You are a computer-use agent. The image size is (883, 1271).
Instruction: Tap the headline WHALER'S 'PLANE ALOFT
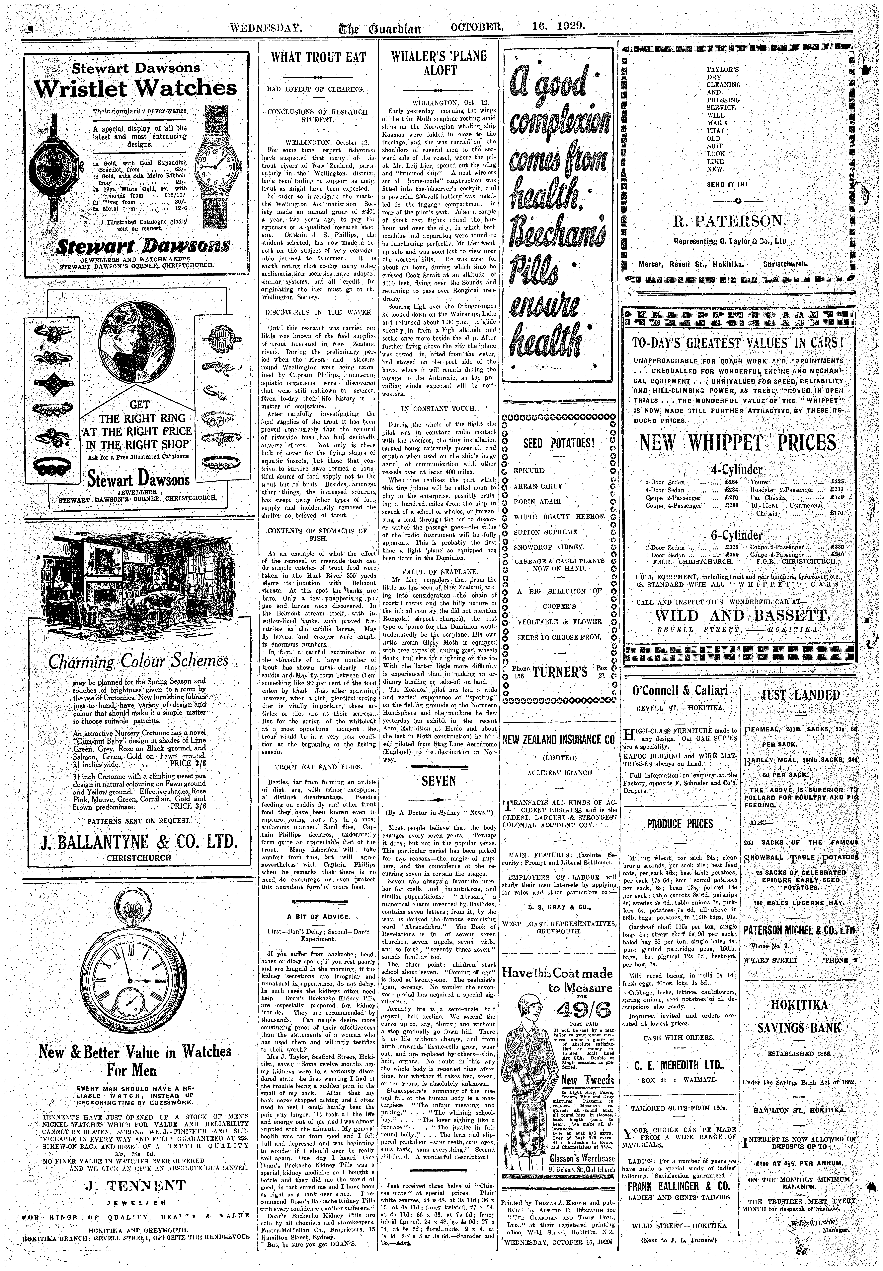pyautogui.click(x=439, y=63)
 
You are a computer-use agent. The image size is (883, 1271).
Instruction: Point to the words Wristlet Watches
pyautogui.click(x=136, y=88)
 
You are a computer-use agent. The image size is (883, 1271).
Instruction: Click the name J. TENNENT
pyautogui.click(x=135, y=1184)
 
